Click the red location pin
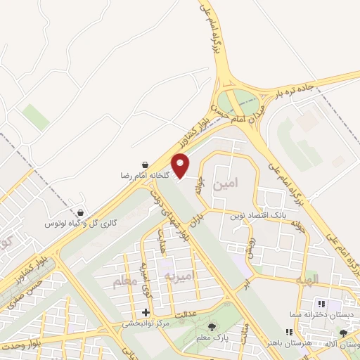(181, 165)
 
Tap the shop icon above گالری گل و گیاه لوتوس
(81, 213)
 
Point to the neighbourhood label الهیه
(307, 279)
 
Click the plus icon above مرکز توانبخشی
(146, 313)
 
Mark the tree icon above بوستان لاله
(343, 333)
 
